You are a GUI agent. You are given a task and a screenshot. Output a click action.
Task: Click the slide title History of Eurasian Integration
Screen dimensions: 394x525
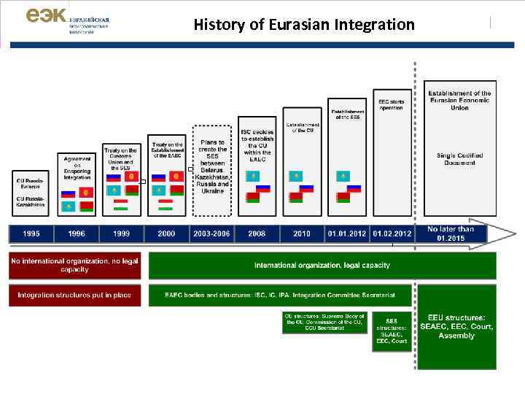tap(303, 25)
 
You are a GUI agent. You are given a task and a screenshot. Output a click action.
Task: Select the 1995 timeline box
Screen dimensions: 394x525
tap(31, 233)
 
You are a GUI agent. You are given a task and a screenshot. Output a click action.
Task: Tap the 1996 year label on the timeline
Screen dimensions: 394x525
tap(77, 233)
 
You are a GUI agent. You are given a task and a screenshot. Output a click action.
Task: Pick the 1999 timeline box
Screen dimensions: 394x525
tap(121, 233)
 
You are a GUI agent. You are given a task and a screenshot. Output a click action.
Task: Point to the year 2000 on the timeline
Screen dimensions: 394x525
tap(166, 233)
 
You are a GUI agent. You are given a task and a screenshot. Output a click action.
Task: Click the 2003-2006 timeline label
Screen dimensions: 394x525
tap(211, 233)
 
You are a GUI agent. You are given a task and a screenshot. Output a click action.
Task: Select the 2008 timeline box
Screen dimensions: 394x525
tap(257, 233)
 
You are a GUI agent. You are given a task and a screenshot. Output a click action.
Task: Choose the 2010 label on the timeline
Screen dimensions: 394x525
tap(302, 233)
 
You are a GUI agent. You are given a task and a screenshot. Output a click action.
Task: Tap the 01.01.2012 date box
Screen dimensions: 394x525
tap(346, 233)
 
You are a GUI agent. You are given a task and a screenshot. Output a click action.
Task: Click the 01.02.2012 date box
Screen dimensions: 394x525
tap(392, 233)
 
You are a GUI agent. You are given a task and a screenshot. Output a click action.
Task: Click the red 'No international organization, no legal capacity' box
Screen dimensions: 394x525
tap(75, 265)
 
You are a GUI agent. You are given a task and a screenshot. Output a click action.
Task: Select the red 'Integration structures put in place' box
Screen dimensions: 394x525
tap(75, 295)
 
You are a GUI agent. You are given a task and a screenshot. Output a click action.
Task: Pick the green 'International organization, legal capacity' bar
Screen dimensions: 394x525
tap(322, 265)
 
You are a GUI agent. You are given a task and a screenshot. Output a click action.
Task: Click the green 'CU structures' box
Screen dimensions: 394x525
tap(323, 323)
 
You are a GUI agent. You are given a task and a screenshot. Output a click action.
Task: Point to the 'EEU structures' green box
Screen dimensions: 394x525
tap(457, 327)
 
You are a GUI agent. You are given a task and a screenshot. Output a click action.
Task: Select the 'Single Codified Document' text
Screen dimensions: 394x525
tap(459, 158)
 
